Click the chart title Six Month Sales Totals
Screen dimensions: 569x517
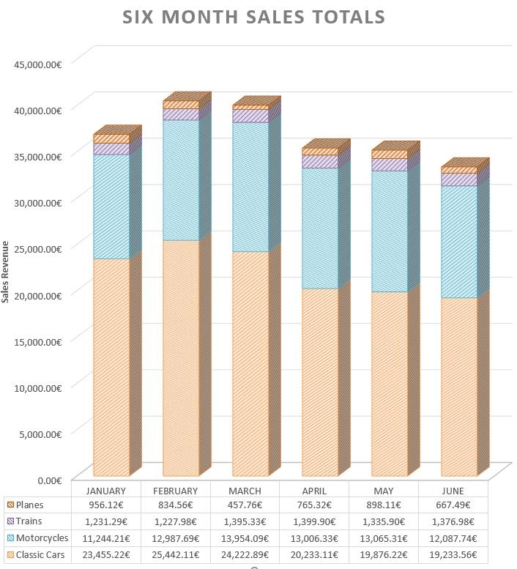pos(253,17)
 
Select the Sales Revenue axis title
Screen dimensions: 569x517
pos(5,272)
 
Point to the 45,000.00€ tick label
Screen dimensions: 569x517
pos(37,64)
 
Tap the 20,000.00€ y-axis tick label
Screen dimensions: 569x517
pos(37,294)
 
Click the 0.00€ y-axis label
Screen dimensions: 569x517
pos(49,480)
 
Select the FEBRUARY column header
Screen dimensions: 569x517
pos(175,491)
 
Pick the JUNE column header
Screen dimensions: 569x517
pos(453,491)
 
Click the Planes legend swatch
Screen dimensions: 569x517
pos(10,505)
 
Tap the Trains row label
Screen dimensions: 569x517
pos(29,521)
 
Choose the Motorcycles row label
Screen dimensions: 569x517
pos(42,538)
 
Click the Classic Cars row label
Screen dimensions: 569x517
pos(41,554)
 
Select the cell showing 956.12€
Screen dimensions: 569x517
pos(106,505)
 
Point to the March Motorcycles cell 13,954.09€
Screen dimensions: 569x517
pos(245,538)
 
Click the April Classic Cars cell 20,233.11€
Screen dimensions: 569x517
pos(314,554)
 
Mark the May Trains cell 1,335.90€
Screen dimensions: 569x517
pos(383,521)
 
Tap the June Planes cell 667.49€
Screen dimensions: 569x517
pos(453,505)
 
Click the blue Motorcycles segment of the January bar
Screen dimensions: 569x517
pos(111,206)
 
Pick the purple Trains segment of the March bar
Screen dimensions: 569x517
pos(250,116)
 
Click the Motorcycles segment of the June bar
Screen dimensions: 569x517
pos(459,241)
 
